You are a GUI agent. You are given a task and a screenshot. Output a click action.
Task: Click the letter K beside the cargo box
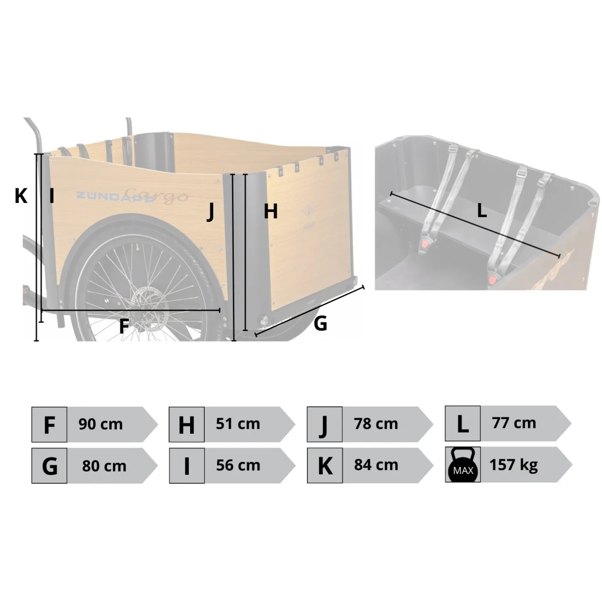21,196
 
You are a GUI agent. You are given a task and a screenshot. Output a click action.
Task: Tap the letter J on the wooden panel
211,212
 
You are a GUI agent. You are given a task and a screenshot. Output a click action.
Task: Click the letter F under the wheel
124,326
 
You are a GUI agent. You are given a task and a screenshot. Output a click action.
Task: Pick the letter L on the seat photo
482,211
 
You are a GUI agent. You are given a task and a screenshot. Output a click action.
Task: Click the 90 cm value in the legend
100,424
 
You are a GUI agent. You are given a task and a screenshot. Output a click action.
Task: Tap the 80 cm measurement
104,466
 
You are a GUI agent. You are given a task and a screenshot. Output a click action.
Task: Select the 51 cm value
238,424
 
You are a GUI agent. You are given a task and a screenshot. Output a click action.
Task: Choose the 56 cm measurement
238,465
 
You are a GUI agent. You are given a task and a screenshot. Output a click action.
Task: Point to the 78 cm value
376,424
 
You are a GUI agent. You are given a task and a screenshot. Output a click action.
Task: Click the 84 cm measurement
376,465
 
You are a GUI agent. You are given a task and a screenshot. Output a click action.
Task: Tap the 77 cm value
514,423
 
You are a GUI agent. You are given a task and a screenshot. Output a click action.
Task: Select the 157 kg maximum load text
513,465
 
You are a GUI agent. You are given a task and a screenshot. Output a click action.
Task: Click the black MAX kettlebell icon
463,464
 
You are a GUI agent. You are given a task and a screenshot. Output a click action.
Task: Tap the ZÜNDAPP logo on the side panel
116,196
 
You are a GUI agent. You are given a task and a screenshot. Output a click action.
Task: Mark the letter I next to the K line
52,196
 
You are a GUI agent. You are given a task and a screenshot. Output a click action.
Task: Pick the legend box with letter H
187,424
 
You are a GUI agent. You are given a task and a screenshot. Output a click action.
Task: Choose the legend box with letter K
325,466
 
